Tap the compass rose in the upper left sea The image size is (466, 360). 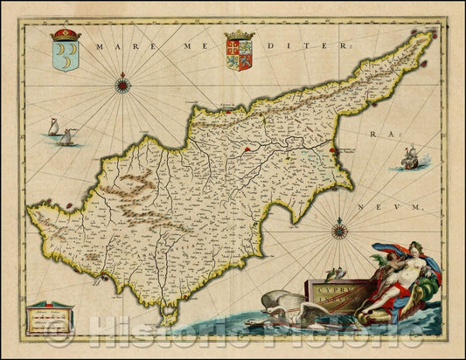(x=123, y=85)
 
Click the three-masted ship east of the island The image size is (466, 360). (x=409, y=159)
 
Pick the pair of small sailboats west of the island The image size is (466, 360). (x=59, y=134)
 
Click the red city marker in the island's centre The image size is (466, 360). (x=248, y=149)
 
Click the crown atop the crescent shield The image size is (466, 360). (x=65, y=36)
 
